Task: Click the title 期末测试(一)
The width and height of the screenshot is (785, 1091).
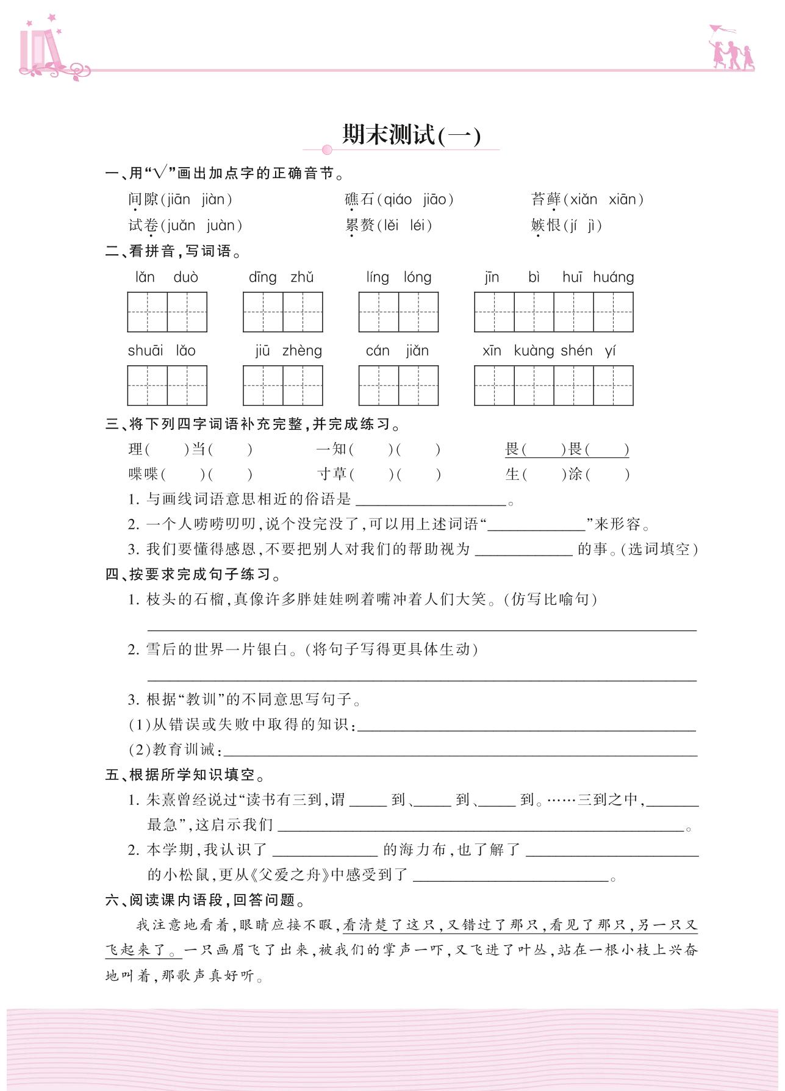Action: pos(411,135)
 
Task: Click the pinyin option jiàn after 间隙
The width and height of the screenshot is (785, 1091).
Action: pos(213,199)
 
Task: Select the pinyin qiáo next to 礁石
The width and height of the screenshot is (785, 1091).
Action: pos(398,199)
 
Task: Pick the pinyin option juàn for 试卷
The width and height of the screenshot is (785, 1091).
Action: pos(220,226)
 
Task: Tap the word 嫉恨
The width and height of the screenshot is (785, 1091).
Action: pos(545,226)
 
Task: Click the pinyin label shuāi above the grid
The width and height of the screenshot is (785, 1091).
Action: pos(145,351)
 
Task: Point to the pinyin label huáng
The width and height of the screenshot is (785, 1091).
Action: pos(613,277)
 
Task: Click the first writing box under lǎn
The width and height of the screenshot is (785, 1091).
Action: pos(147,312)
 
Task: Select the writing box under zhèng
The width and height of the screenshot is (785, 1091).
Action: pos(303,385)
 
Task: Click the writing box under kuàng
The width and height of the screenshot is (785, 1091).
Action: pos(534,385)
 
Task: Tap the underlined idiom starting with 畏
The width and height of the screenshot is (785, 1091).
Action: pos(567,449)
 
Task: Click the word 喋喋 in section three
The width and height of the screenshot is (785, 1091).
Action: pos(143,474)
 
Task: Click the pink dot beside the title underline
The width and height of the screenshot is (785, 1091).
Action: pos(327,150)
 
